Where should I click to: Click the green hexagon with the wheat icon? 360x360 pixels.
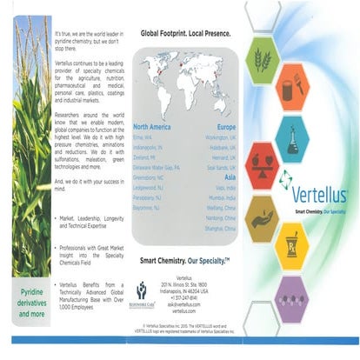click(x=262, y=59)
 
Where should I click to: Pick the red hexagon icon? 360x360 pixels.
click(x=262, y=163)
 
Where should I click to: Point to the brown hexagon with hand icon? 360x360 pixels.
click(x=262, y=217)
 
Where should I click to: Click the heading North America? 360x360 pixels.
click(x=159, y=126)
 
